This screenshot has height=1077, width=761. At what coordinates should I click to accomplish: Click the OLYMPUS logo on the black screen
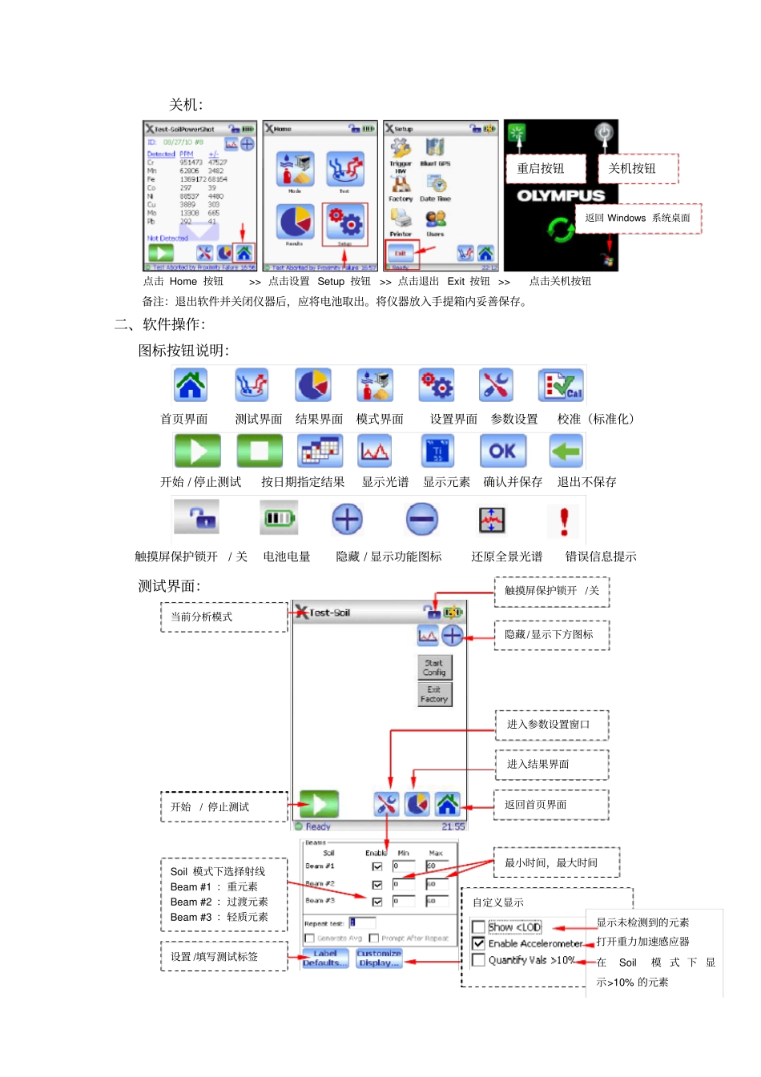coord(561,195)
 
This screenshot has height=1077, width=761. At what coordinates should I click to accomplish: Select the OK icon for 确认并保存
coord(502,451)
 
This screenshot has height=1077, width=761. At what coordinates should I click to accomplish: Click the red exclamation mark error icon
coord(564,520)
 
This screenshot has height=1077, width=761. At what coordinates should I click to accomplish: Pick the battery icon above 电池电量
coord(278,519)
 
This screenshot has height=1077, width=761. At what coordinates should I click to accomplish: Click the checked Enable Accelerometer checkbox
coord(479,943)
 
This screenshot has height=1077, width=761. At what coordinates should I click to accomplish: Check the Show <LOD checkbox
coord(479,927)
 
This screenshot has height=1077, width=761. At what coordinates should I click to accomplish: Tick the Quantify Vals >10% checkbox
coord(479,960)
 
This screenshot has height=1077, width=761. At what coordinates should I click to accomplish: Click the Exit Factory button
coord(434,694)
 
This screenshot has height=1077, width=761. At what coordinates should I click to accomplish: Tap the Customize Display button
coord(379,958)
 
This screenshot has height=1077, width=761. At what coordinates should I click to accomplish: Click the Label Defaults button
coord(325,958)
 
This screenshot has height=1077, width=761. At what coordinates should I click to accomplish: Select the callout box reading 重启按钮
coord(545,169)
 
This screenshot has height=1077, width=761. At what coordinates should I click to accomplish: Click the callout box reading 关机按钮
coord(638,169)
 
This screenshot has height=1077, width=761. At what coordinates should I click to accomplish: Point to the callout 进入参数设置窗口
coord(551,725)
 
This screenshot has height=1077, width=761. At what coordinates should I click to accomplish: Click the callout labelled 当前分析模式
coord(223,617)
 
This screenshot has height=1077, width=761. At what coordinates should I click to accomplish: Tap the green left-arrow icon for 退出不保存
coord(566,451)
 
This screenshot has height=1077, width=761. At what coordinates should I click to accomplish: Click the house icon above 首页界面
coord(191,385)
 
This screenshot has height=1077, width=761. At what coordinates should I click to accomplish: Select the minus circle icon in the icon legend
coord(421,520)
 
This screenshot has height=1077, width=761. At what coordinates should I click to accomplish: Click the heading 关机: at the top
coord(186,105)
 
